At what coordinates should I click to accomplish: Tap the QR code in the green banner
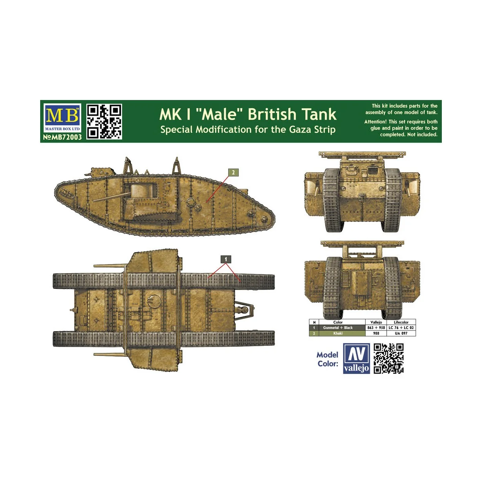pos(104,121)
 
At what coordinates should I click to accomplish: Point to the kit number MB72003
pos(62,137)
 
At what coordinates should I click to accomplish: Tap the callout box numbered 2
pos(233,173)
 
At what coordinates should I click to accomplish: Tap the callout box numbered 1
pos(226,259)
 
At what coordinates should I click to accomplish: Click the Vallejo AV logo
pos(356,359)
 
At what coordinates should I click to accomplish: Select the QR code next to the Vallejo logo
pos(388,359)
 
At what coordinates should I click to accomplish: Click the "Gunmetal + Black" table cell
pos(338,328)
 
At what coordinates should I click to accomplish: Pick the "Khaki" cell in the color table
pos(338,333)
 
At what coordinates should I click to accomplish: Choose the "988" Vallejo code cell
pos(376,333)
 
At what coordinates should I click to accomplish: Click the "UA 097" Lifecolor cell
pos(401,333)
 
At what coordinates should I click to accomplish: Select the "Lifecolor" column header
pos(401,322)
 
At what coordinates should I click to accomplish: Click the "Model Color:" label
pos(327,359)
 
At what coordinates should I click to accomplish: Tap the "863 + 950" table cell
pos(376,328)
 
